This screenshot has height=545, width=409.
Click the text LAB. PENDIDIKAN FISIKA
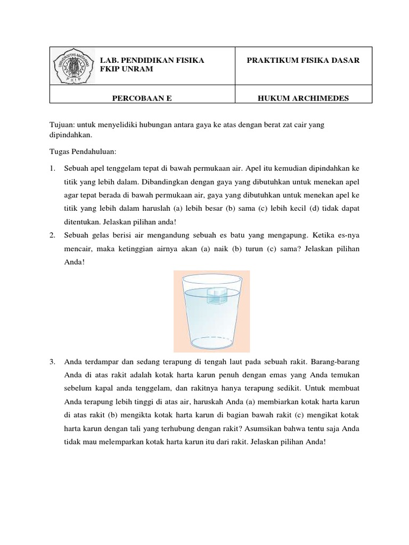click(152, 61)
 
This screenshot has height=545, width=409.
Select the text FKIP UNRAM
click(127, 70)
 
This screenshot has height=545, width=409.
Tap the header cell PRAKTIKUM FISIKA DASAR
click(303, 61)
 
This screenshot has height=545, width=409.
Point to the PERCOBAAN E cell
click(142, 97)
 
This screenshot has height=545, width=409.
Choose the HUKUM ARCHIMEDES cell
click(303, 97)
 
